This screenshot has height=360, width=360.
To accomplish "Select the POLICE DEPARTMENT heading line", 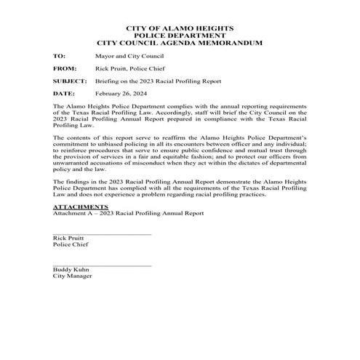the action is pyautogui.click(x=179, y=36).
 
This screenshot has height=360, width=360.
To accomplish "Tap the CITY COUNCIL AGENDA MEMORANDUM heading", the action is pyautogui.click(x=179, y=43).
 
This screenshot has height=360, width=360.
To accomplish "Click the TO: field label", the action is pyautogui.click(x=59, y=55).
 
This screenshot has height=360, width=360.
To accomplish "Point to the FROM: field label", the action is pyautogui.click(x=64, y=68).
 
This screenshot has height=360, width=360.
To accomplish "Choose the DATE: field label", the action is pyautogui.click(x=63, y=94).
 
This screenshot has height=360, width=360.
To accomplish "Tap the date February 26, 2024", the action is pyautogui.click(x=121, y=94).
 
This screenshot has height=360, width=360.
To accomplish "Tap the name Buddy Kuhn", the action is pyautogui.click(x=70, y=271).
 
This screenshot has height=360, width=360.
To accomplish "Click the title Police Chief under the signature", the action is pyautogui.click(x=70, y=245).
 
